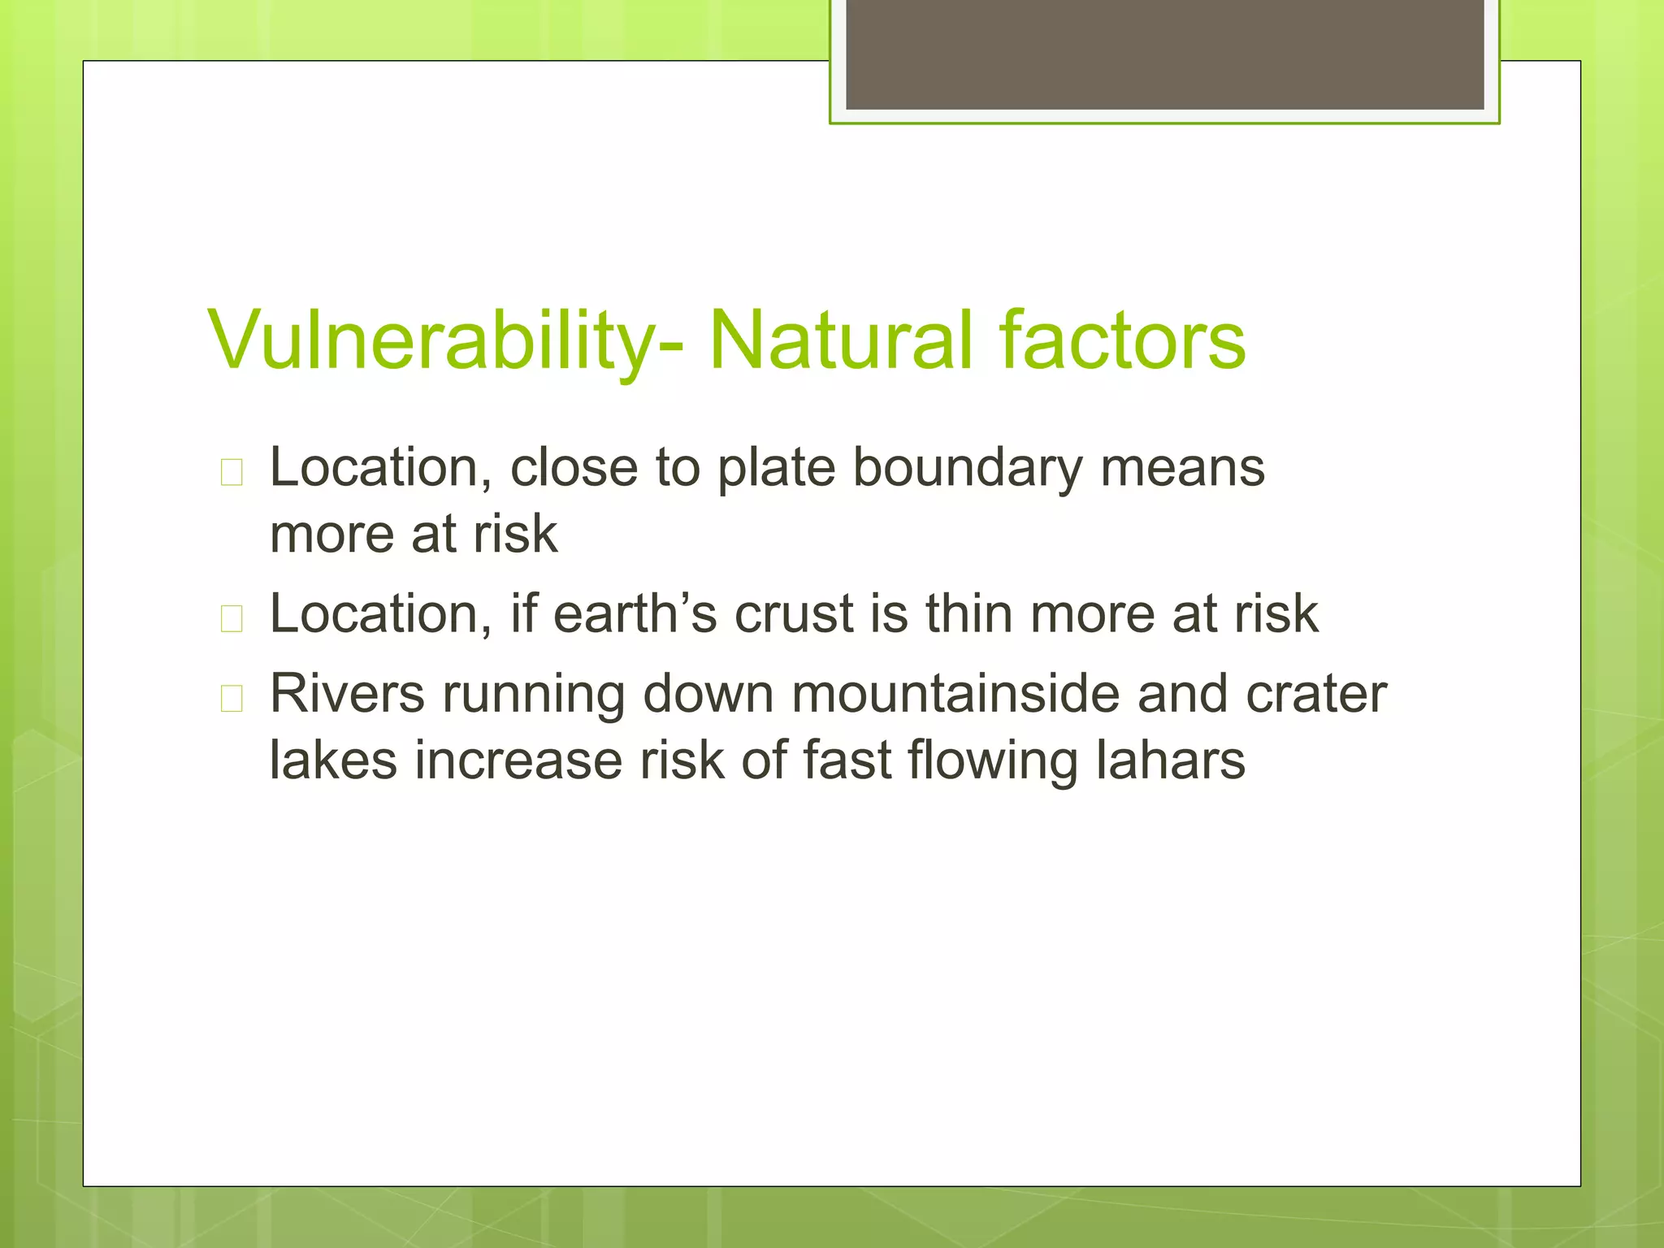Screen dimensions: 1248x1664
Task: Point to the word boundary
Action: click(x=967, y=469)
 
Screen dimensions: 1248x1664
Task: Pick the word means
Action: click(x=1182, y=469)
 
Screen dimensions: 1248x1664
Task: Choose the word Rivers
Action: click(x=347, y=695)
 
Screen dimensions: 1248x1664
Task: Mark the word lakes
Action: click(x=333, y=760)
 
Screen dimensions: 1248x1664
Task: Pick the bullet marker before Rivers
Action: click(x=232, y=698)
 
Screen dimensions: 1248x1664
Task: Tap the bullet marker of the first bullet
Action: click(x=232, y=472)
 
